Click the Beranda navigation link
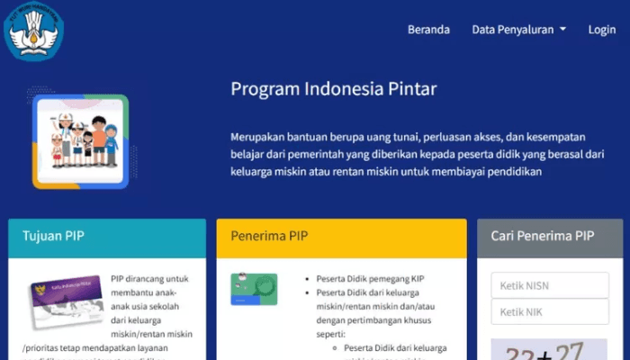click(428, 30)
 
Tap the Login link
click(602, 30)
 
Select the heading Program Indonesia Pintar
click(333, 88)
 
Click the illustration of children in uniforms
click(80, 141)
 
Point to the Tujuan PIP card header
click(107, 238)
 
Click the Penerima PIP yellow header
click(341, 238)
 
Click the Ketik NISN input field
click(550, 286)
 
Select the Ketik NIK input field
click(550, 312)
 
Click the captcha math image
click(550, 349)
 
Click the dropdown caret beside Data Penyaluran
click(562, 30)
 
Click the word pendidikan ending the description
click(514, 172)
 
